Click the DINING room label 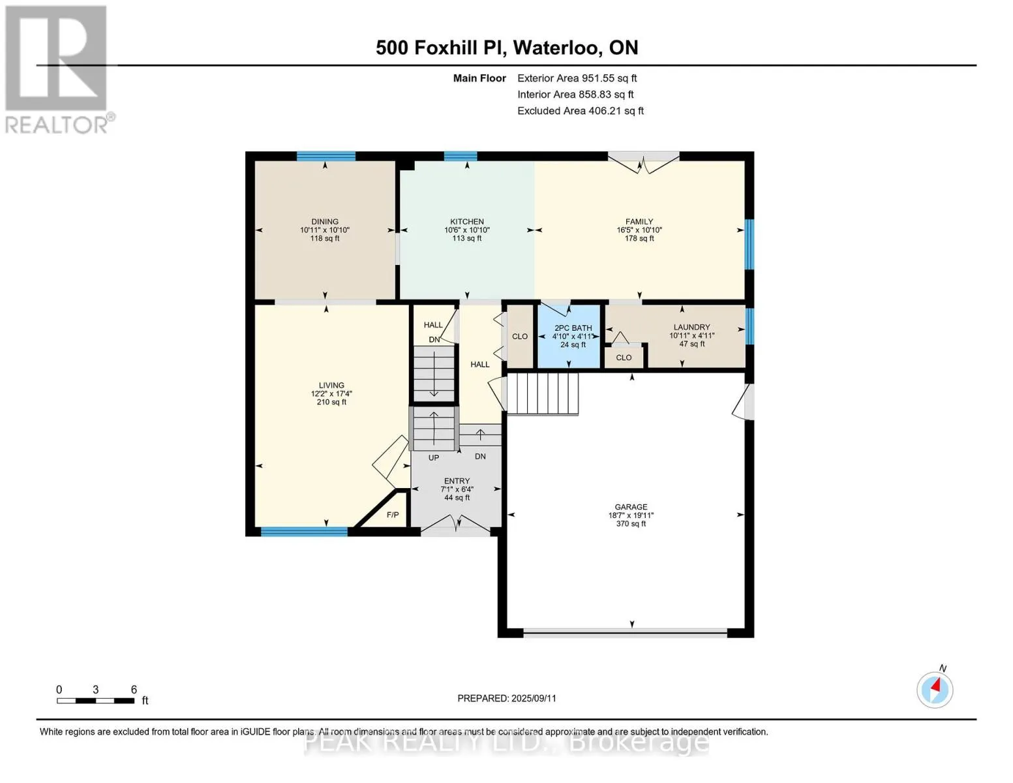coord(325,221)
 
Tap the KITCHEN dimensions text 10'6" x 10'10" coord(466,230)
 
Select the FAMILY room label coord(639,221)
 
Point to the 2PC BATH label coord(573,328)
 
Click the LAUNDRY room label coord(691,328)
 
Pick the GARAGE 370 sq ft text coord(631,524)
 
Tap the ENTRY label coord(457,481)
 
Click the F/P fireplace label coord(393,515)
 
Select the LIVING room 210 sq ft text coord(331,402)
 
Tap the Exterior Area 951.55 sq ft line coord(577,78)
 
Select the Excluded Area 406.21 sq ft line coord(581,111)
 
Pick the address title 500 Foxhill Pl coord(441,48)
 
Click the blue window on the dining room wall coord(326,156)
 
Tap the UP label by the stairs coord(434,458)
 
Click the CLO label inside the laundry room coord(624,358)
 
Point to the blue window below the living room coord(304,532)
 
